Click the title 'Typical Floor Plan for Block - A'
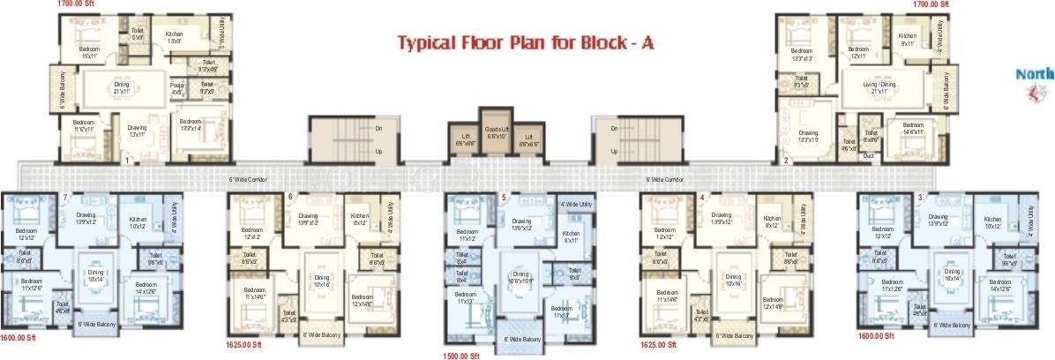526,41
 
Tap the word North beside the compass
1034,75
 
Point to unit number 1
128,161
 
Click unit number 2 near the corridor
786,161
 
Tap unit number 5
504,198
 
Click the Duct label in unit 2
868,155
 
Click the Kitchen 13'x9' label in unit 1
174,37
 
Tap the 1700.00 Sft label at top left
75,4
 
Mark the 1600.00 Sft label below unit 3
876,336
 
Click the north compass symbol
1029,92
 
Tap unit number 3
920,197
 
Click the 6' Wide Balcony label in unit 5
523,339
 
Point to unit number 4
703,197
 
